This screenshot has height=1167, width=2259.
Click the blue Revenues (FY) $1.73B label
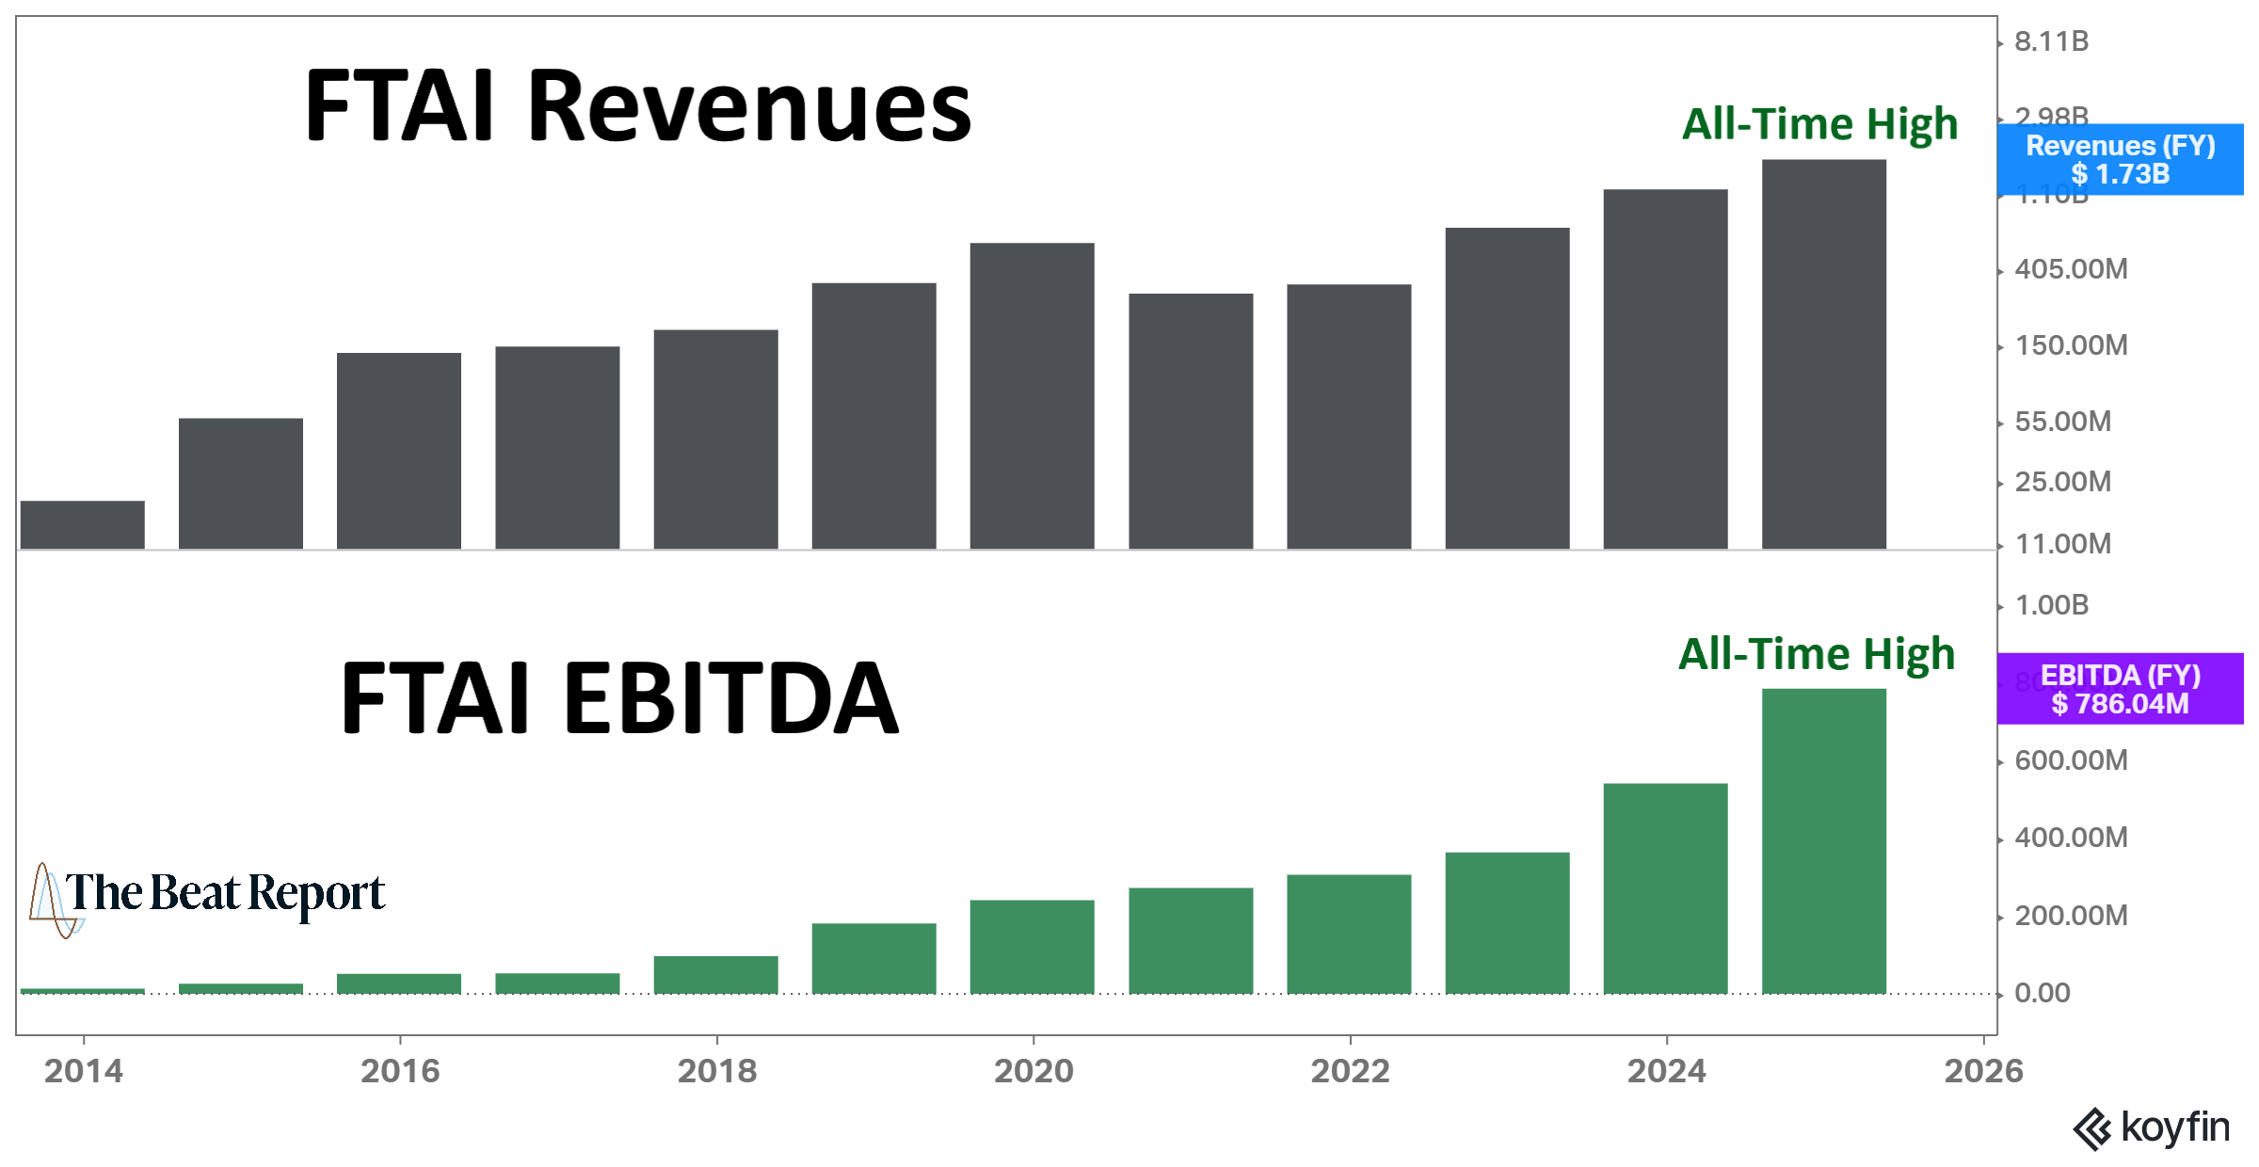2120,159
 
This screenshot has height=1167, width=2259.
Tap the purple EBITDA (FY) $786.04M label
2120,689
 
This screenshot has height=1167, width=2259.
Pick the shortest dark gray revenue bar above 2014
83,524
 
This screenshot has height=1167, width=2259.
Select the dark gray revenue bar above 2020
1032,395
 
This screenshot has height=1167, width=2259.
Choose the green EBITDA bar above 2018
715,974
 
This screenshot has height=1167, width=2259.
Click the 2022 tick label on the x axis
1350,1071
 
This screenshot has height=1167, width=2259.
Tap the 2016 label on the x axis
400,1071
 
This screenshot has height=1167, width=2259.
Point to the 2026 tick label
1983,1071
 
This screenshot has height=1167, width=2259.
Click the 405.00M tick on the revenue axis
2071,269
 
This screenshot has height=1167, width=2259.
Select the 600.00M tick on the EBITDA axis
2071,760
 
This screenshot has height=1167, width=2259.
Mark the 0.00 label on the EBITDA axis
2042,993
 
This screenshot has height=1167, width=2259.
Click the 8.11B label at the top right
2051,41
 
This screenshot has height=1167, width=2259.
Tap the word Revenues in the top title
748,108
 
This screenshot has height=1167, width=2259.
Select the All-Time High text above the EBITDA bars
1817,653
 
